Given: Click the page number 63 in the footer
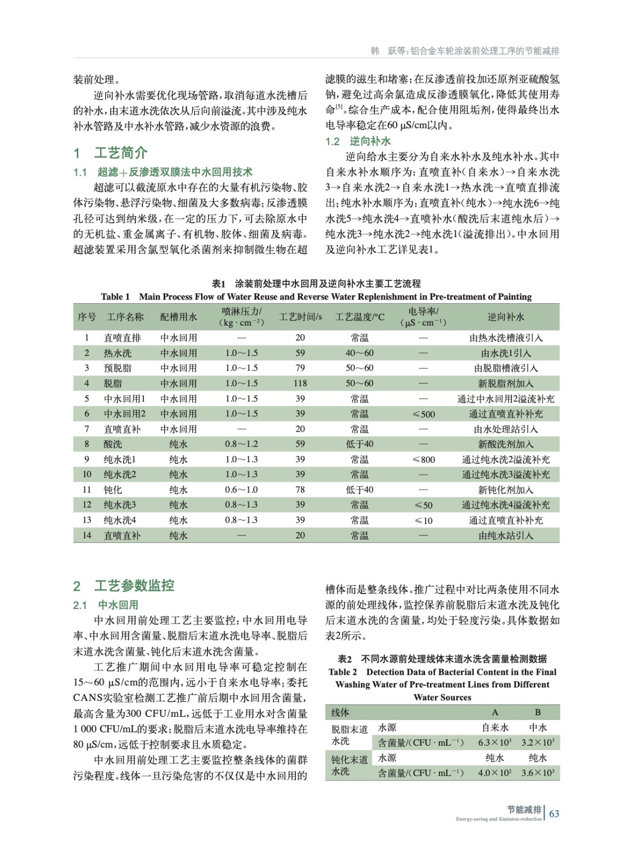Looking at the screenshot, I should (x=554, y=813).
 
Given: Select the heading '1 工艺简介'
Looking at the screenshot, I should (x=110, y=153).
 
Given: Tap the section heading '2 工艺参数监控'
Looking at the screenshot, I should (x=124, y=586).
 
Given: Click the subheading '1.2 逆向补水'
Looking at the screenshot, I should (x=358, y=141).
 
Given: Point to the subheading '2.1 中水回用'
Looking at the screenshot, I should (x=106, y=605).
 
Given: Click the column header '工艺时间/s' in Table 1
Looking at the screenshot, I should (x=300, y=317).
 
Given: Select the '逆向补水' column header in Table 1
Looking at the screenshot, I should (x=506, y=317).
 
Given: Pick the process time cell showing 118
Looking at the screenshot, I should (x=300, y=383).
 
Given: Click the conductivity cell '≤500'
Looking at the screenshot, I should (x=424, y=414).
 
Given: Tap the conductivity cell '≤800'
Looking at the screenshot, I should (x=424, y=460).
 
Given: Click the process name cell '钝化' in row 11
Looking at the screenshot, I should (x=113, y=490).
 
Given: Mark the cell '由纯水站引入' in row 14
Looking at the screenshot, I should (x=506, y=535).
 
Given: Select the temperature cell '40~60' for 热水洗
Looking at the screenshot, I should (x=359, y=353).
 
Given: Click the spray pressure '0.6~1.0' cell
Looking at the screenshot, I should (x=241, y=490).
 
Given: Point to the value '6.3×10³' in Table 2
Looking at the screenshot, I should (x=494, y=742).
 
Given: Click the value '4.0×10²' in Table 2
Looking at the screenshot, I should (x=494, y=773).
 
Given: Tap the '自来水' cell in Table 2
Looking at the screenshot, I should (x=495, y=728).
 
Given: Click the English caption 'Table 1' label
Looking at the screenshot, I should (x=115, y=297).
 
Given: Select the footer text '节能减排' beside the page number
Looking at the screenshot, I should (x=524, y=810).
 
